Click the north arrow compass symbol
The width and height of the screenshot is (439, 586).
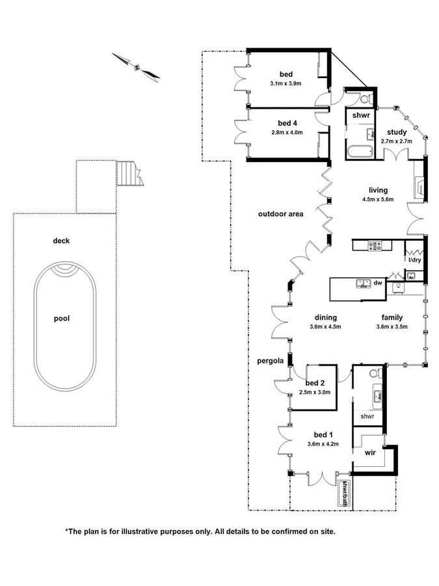137,66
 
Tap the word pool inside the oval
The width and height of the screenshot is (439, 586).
62,318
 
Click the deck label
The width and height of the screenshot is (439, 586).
61,241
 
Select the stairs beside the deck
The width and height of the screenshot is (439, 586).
128,173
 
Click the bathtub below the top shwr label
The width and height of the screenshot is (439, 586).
360,152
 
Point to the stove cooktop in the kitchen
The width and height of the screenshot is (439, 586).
375,245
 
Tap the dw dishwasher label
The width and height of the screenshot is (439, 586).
378,283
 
